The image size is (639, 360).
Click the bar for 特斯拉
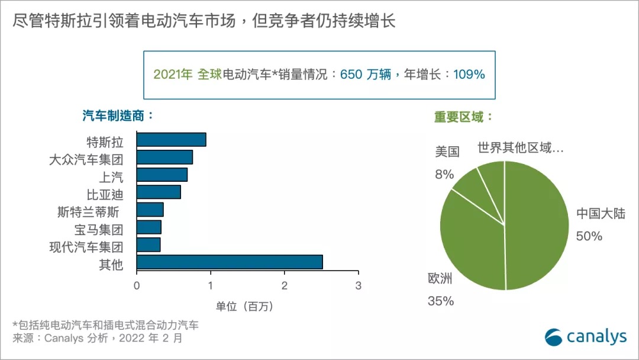[171, 140]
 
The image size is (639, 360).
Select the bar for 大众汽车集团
[164, 157]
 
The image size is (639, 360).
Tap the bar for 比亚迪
[159, 192]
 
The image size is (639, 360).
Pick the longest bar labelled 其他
[230, 262]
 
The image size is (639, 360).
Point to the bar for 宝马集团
[149, 227]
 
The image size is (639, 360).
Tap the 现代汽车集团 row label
[86, 246]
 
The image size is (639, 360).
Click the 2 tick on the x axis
[285, 285]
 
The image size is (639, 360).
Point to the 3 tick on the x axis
[358, 285]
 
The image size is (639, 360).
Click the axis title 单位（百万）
[244, 306]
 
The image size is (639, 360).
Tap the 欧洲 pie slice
[470, 243]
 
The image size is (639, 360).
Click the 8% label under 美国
[444, 174]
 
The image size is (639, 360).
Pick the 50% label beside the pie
[589, 236]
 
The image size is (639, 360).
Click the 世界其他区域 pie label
[521, 148]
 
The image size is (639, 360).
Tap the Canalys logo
[585, 336]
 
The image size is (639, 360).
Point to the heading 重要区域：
[463, 117]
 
